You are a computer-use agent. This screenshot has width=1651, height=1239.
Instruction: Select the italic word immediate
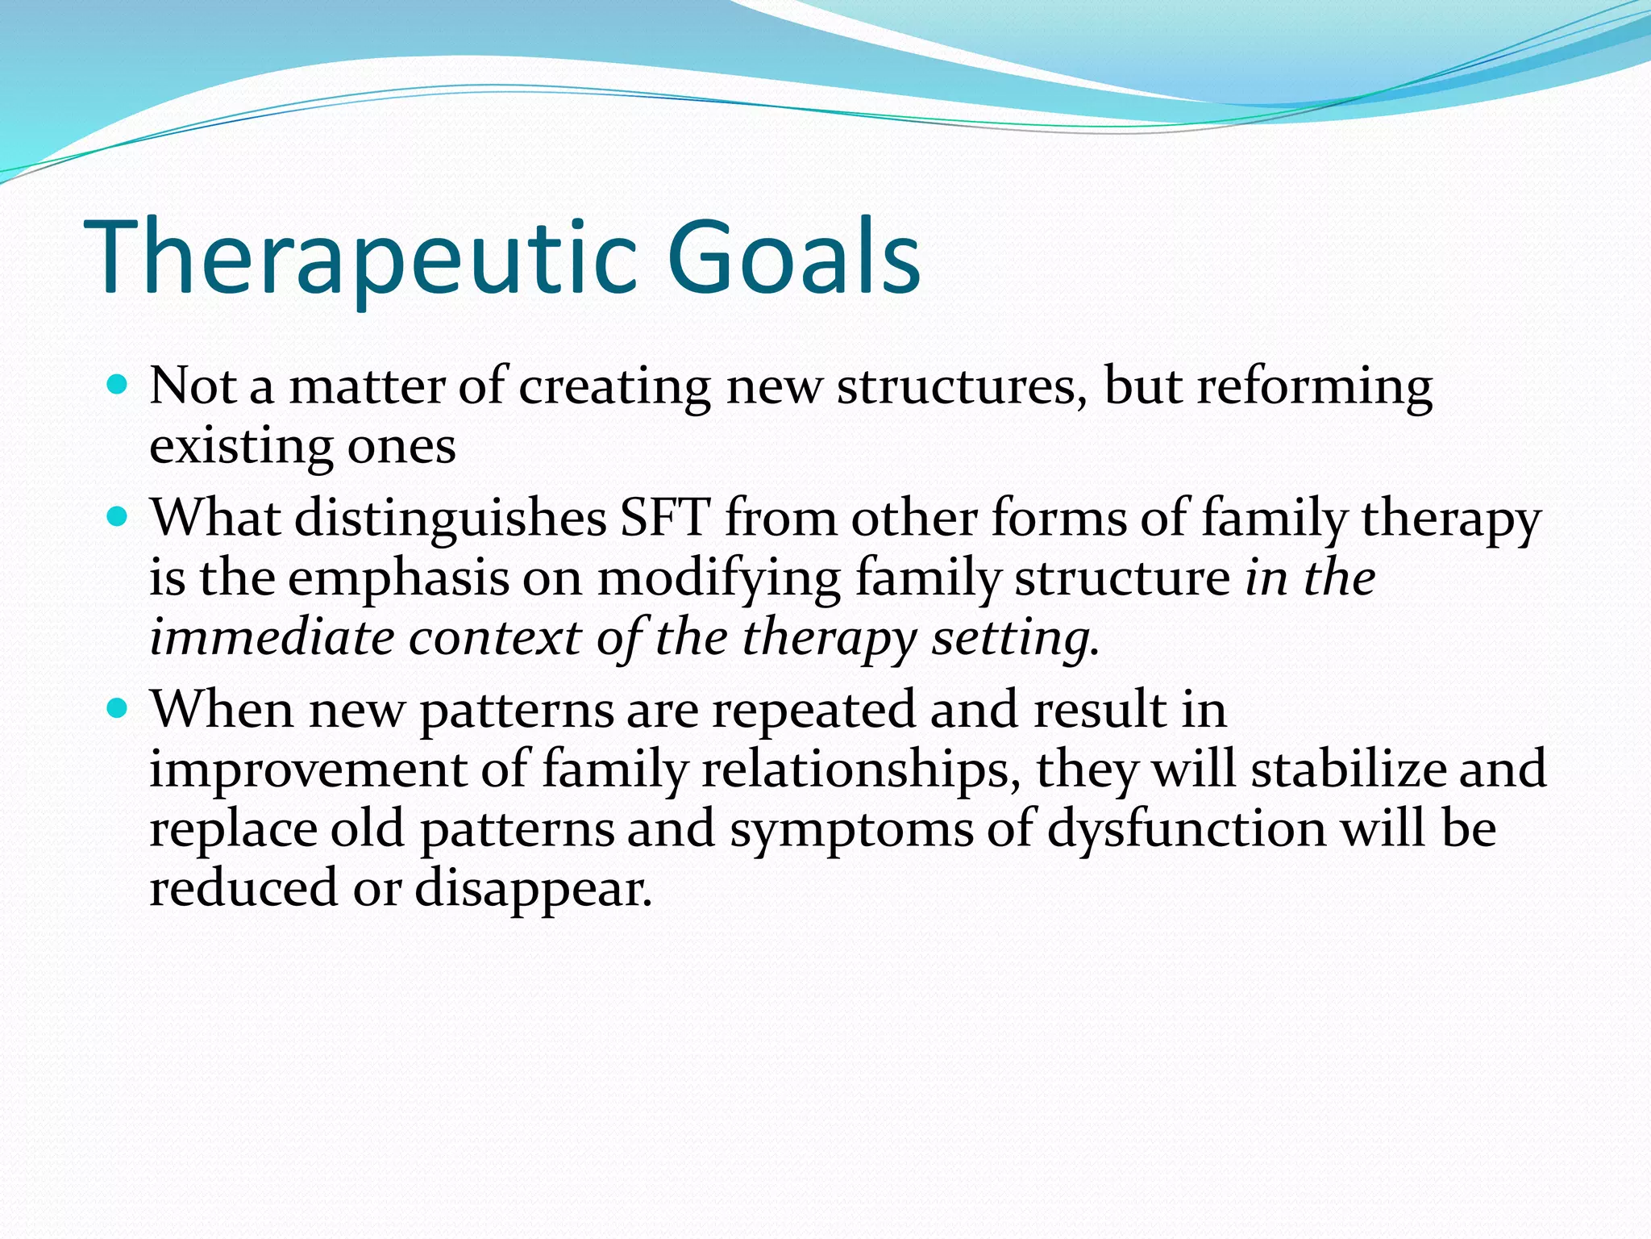point(272,637)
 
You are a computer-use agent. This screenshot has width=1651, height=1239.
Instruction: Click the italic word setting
point(1014,639)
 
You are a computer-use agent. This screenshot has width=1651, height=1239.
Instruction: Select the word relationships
point(855,770)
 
